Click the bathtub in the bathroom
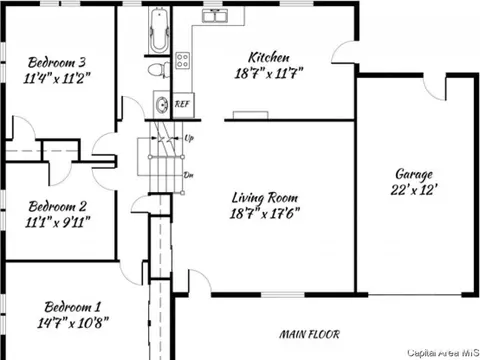click(159, 31)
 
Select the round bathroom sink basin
click(162, 105)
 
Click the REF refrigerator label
click(182, 104)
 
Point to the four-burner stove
click(183, 61)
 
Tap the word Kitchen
click(269, 57)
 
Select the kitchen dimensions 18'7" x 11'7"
click(269, 73)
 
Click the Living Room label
click(265, 198)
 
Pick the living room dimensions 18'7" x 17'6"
click(265, 213)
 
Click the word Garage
click(414, 174)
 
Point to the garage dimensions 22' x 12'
click(414, 190)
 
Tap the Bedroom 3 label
click(57, 62)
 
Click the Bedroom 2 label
click(57, 207)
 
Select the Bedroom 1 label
click(72, 307)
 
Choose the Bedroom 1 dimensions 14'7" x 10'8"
click(73, 323)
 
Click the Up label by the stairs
click(189, 138)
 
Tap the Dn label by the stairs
click(189, 175)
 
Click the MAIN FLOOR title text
click(310, 334)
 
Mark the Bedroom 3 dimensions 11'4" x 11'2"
click(57, 79)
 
